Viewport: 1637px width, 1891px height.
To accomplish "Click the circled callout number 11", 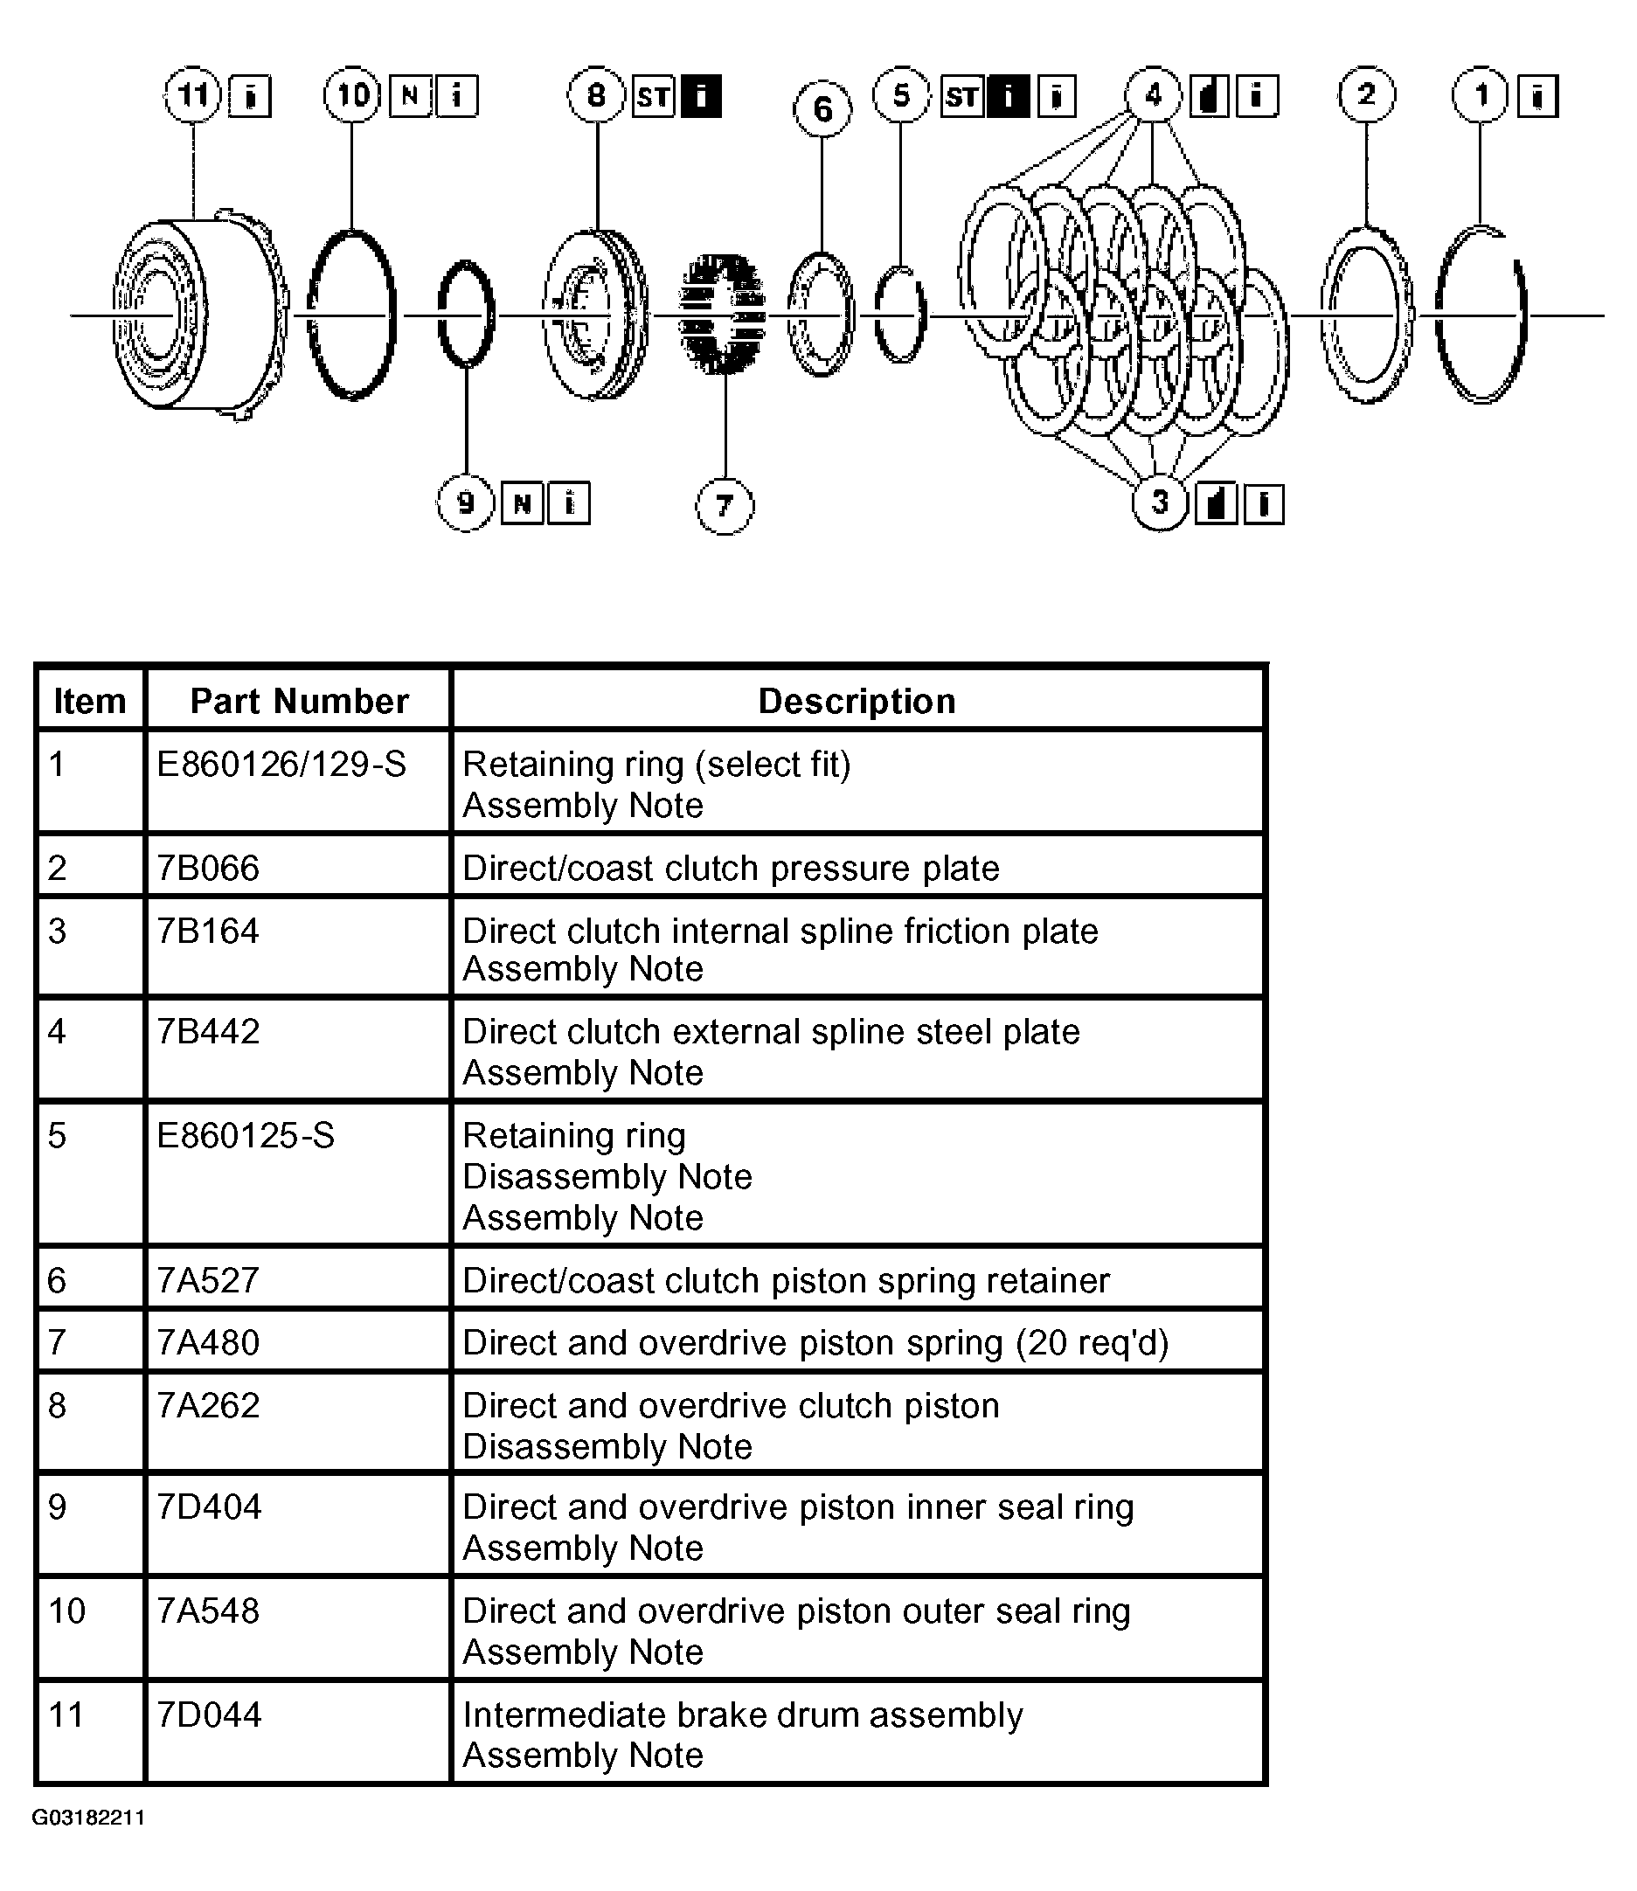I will pos(193,94).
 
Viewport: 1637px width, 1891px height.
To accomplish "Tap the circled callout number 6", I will pos(822,109).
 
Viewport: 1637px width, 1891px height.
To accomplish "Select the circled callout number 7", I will pos(725,505).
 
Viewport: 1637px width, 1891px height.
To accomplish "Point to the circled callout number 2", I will pos(1367,94).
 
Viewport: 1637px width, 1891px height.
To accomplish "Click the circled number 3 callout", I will pos(1159,502).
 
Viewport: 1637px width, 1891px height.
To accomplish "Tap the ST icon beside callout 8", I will pos(653,96).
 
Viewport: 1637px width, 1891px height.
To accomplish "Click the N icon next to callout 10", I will pos(410,95).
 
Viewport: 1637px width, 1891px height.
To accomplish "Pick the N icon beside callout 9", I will pos(523,503).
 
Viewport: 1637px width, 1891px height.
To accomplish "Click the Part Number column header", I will pos(299,701).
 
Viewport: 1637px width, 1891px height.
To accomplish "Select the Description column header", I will pos(857,701).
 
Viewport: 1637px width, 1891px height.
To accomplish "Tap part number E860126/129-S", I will pos(281,764).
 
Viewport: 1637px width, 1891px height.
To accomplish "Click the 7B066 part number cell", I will pos(208,868).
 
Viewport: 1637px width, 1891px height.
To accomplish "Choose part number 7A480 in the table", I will pos(208,1342).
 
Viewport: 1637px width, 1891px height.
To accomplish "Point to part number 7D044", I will pos(209,1714).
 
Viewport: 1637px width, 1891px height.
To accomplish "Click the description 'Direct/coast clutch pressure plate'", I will pos(731,868).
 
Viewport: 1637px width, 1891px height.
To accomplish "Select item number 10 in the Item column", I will pos(66,1610).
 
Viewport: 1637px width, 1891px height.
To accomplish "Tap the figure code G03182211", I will pos(88,1817).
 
